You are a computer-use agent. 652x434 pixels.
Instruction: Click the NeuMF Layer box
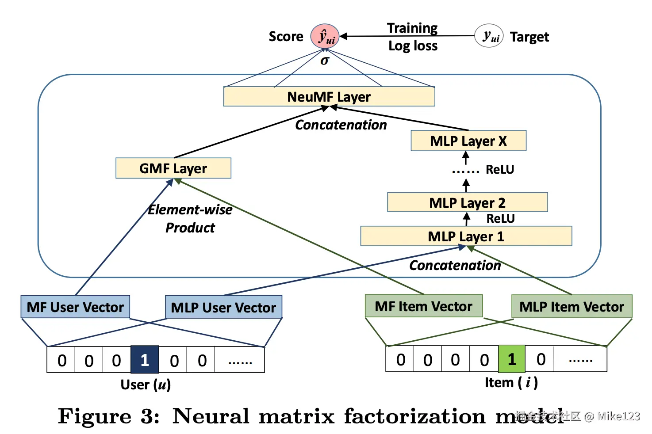pos(329,96)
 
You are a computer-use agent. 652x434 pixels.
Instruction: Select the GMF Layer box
pos(173,168)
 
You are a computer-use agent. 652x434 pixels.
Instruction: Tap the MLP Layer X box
pos(468,141)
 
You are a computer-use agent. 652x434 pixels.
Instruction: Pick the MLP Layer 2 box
pos(467,202)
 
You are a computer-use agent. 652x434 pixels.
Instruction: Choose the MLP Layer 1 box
pos(466,236)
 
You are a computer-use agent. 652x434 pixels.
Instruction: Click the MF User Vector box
pos(75,307)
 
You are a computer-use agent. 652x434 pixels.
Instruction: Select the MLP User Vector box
pos(223,308)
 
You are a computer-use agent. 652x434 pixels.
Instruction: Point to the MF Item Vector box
pos(423,306)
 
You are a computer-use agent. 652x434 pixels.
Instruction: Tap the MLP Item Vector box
pos(571,307)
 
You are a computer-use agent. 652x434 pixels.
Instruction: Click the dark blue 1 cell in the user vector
pos(145,360)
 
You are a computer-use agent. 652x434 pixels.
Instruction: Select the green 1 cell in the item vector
pos(512,359)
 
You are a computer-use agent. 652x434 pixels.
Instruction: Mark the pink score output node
pos(325,36)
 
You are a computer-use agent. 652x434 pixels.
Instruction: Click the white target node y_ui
pos(489,36)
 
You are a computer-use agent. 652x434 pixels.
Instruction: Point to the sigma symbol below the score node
pos(325,61)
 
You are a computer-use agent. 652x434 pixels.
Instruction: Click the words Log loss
pos(413,46)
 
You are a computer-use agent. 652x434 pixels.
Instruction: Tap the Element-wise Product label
pos(190,219)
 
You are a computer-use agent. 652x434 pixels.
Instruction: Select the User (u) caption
pos(146,385)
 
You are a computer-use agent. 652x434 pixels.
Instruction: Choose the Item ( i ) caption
pos(511,382)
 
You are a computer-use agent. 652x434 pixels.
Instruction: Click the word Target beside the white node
pos(529,37)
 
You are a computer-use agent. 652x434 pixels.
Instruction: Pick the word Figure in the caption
pos(95,416)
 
